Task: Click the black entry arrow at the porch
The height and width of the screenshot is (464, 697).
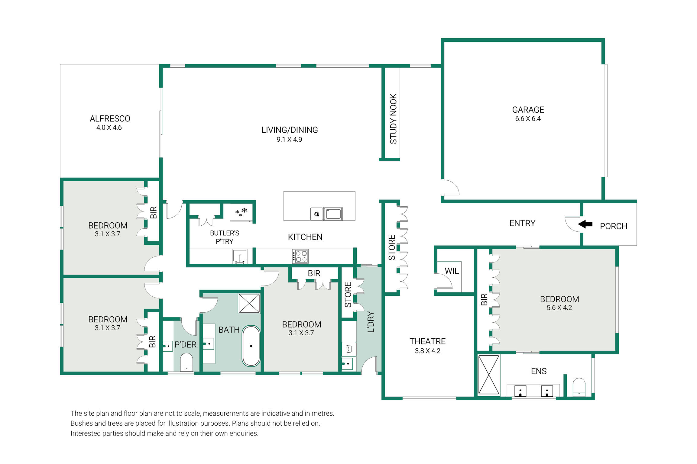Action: click(585, 224)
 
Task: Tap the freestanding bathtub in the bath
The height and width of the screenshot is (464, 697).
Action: click(251, 346)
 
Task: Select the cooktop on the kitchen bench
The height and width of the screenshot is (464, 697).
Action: click(300, 256)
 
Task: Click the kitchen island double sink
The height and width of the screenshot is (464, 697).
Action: click(333, 214)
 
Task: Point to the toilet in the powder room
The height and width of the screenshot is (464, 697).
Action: click(186, 362)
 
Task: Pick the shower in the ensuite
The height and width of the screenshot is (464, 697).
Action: click(489, 375)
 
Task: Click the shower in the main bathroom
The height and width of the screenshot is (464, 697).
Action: click(249, 303)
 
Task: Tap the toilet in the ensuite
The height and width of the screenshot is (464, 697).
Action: click(579, 387)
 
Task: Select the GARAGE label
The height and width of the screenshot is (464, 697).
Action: click(528, 110)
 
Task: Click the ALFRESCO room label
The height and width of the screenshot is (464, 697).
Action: click(110, 119)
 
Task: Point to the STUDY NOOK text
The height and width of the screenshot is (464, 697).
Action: click(393, 119)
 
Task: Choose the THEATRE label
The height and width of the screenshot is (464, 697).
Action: click(427, 341)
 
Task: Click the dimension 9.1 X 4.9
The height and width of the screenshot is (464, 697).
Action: click(289, 140)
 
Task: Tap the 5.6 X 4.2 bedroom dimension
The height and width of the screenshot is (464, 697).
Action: click(559, 308)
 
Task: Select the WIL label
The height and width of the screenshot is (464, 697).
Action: click(452, 271)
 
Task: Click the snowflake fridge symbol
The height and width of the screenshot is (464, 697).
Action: click(241, 211)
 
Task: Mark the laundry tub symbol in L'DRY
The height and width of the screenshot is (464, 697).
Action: click(349, 349)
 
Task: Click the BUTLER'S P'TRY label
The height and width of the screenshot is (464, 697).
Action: click(225, 237)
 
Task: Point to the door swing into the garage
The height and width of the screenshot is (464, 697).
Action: click(450, 188)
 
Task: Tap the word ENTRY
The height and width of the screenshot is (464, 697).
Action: click(522, 223)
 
